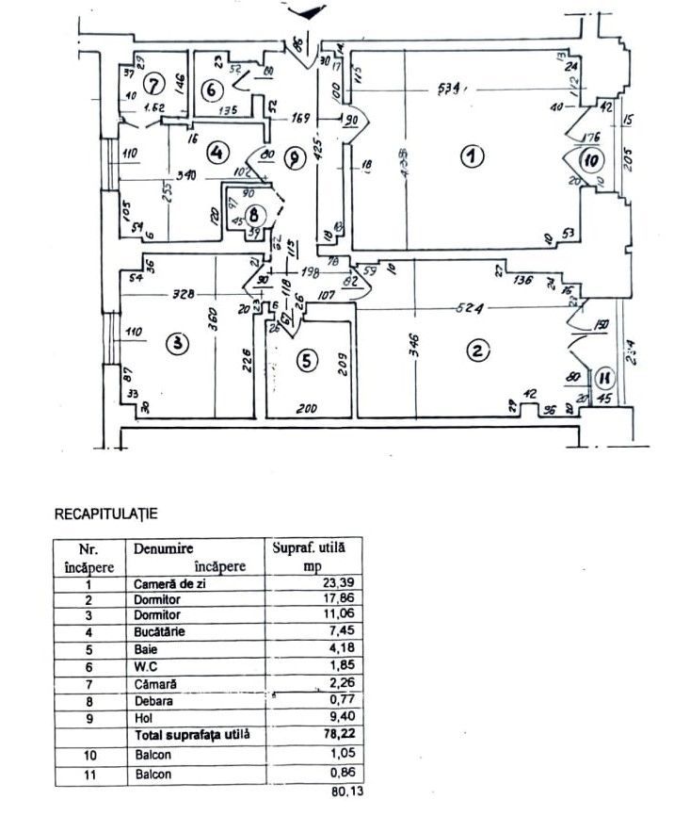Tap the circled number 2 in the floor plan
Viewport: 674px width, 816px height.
[x=477, y=351]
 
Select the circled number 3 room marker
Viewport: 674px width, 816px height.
[x=177, y=345]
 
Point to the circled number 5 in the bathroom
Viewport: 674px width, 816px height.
[x=304, y=359]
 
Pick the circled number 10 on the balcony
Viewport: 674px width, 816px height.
[x=591, y=159]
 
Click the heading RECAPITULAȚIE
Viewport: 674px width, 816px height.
[x=105, y=514]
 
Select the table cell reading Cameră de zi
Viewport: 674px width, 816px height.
[x=168, y=584]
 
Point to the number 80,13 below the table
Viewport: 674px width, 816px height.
[x=333, y=792]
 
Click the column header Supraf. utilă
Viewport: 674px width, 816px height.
[x=309, y=547]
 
